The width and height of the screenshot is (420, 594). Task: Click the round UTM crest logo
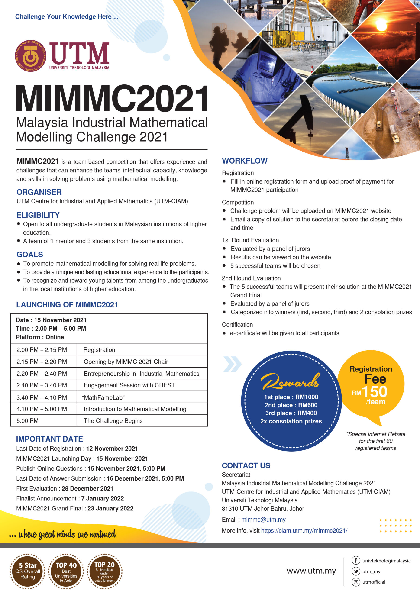[31, 56]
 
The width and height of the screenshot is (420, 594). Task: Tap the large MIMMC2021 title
[112, 99]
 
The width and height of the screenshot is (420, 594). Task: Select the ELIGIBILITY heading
[38, 215]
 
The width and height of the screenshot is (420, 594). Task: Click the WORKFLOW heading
[245, 161]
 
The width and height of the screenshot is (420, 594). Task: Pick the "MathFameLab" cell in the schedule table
[103, 398]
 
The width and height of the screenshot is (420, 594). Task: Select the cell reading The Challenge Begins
[113, 421]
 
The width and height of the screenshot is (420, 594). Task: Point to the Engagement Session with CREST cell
[129, 385]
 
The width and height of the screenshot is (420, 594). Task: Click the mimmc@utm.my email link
[263, 520]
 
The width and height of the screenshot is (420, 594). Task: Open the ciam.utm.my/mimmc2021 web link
[304, 531]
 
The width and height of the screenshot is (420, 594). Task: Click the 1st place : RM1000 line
[291, 397]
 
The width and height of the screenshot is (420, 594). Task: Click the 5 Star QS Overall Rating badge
[27, 571]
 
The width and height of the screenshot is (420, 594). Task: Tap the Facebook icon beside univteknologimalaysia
[356, 560]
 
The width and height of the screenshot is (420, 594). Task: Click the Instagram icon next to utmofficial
[356, 582]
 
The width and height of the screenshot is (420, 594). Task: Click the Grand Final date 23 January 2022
[110, 508]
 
